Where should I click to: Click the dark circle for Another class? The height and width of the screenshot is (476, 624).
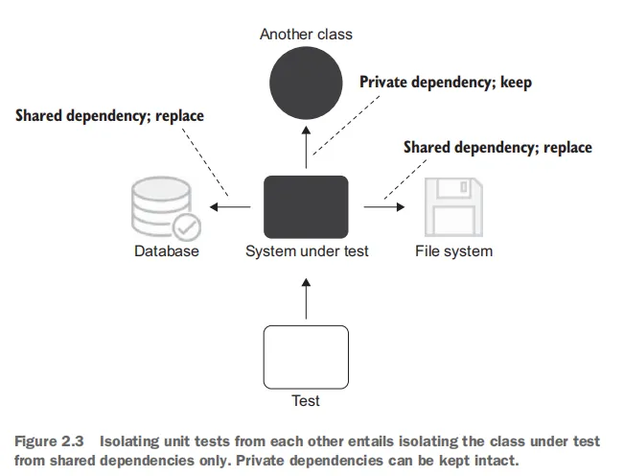point(306,84)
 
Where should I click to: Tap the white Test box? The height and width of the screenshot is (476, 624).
point(306,355)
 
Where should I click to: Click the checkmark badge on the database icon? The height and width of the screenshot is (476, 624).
point(186,226)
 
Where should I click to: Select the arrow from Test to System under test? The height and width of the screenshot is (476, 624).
point(306,298)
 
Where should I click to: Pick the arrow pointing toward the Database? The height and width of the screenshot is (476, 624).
point(230,205)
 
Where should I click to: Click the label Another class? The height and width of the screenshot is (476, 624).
point(306,35)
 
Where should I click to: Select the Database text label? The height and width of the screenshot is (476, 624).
point(167,251)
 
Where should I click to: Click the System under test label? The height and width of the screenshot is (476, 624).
point(307,251)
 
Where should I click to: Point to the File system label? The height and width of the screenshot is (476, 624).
point(453,251)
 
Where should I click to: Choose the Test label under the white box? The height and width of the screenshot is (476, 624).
point(306,400)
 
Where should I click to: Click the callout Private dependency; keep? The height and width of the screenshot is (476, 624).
point(445,83)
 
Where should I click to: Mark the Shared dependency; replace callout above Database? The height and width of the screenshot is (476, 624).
point(109,116)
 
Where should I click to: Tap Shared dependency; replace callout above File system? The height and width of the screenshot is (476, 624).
point(497,148)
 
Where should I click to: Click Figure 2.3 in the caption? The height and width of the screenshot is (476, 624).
point(47,441)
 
